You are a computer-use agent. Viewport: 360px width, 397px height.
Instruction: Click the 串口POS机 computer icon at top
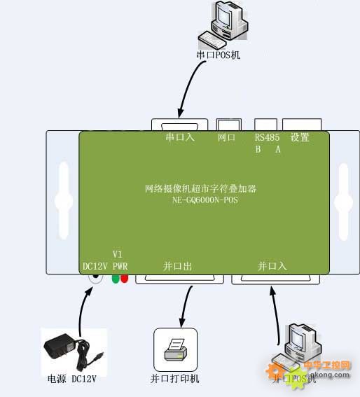click(x=222, y=23)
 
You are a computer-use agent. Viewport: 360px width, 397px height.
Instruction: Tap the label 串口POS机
click(x=218, y=54)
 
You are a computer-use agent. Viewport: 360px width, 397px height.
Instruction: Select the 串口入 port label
click(x=179, y=138)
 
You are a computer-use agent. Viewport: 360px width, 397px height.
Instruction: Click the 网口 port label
click(x=227, y=138)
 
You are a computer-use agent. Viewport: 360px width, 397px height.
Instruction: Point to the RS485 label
click(x=267, y=138)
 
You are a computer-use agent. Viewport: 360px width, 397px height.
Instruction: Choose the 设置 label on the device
click(x=300, y=138)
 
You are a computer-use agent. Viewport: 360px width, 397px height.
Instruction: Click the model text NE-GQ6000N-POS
click(x=205, y=200)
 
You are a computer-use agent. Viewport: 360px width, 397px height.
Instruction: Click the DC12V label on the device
click(x=95, y=266)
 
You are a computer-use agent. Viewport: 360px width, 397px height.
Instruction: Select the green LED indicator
click(x=116, y=278)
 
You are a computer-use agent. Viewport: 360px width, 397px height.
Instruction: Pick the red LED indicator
click(x=125, y=278)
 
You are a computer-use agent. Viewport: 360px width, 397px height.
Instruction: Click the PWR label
click(x=120, y=266)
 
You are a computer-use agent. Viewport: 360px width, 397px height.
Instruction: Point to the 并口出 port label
click(x=177, y=266)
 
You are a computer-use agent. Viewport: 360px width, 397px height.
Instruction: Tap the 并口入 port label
click(x=272, y=266)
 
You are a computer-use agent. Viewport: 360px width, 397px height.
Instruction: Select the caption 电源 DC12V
click(x=71, y=379)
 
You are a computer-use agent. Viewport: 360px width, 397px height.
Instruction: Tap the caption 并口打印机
click(x=175, y=379)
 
